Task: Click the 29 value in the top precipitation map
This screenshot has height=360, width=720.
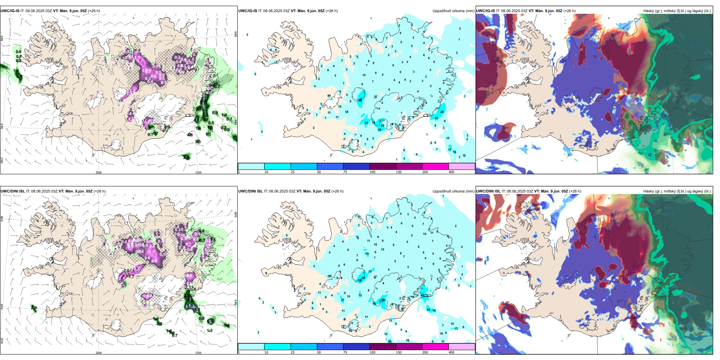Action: click(442, 112)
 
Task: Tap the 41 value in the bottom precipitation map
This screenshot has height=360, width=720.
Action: click(423, 296)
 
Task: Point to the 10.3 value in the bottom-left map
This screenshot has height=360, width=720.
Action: click(196, 310)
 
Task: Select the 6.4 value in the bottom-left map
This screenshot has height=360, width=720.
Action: click(210, 321)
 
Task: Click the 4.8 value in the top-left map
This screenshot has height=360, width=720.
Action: click(190, 135)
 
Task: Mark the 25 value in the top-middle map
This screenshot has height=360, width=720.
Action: click(366, 123)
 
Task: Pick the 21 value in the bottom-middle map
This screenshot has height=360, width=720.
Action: click(343, 300)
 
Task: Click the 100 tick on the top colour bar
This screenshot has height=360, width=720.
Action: click(373, 172)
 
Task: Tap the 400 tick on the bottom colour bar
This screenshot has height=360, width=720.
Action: click(451, 352)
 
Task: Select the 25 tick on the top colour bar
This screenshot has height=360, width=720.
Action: click(293, 172)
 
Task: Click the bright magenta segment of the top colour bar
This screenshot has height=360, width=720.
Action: click(435, 166)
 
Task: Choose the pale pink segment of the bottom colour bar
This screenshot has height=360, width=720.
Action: click(462, 347)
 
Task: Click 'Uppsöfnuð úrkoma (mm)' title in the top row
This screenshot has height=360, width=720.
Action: click(453, 11)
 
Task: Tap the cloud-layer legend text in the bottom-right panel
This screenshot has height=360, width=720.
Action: click(677, 191)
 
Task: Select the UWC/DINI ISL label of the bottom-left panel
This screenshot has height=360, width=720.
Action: click(13, 191)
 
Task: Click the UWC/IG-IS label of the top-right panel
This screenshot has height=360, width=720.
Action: click(485, 11)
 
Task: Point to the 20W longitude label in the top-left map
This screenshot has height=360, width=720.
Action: click(99, 172)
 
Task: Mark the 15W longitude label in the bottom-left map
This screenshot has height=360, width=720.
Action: click(198, 353)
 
